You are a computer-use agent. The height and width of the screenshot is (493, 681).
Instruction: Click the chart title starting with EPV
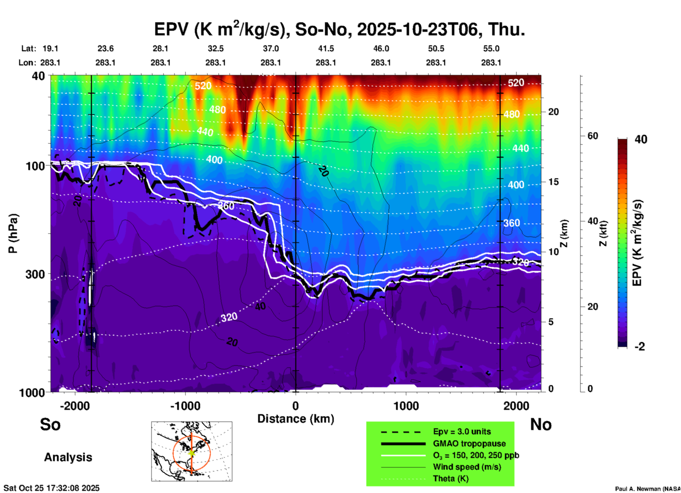coord(339,29)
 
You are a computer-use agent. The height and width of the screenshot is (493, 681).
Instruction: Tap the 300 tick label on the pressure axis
coord(35,274)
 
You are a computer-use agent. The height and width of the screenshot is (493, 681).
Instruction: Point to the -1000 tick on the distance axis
coord(185,406)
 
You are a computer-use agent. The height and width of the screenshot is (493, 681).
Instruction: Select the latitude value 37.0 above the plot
coord(270,48)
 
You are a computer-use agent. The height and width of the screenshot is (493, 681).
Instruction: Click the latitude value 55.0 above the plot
coord(491,48)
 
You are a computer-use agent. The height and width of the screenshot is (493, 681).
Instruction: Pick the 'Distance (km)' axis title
coord(296,419)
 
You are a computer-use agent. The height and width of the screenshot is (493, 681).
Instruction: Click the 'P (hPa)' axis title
coord(13,233)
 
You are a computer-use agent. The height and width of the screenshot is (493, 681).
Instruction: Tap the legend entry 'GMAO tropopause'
coord(469,443)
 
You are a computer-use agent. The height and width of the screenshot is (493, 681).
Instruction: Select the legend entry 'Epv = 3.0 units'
coord(462,431)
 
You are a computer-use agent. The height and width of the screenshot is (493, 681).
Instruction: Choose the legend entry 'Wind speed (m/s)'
coord(467,467)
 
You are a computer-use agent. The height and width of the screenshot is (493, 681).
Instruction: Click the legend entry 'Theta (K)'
coord(450,478)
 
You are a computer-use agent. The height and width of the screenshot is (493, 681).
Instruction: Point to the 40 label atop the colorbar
coord(641,139)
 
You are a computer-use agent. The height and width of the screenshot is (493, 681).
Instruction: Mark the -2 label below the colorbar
coord(640,347)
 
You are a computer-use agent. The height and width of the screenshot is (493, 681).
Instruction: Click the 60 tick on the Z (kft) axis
coord(593,136)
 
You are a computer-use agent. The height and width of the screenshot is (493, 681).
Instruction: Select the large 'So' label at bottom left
coord(50,424)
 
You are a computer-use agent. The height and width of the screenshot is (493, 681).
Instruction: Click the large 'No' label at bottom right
coord(541,424)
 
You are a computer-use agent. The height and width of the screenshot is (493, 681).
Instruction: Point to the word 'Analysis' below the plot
coord(68,457)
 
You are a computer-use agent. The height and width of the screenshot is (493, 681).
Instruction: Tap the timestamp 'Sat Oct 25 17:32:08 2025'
coord(52,488)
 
